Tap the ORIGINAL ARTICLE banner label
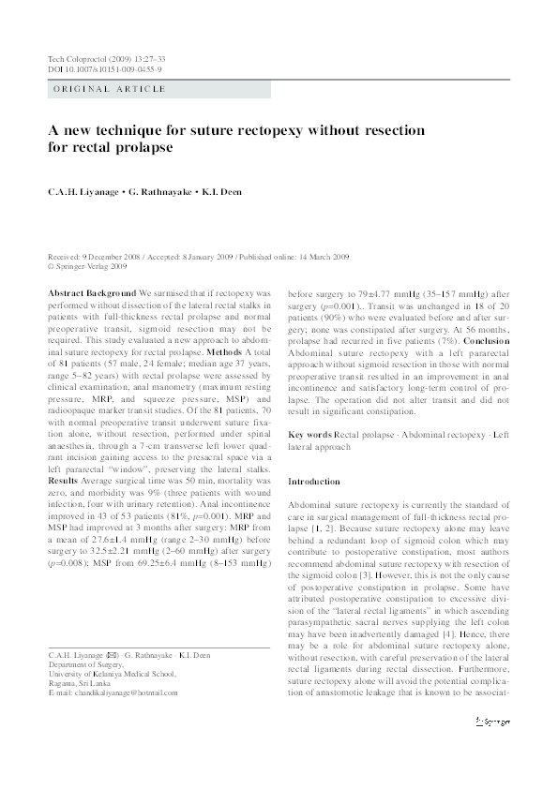pyautogui.click(x=109, y=89)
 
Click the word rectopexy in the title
pyautogui.click(x=261, y=129)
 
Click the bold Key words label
pyautogui.click(x=309, y=436)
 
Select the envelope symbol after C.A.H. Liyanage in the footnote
pyautogui.click(x=113, y=627)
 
